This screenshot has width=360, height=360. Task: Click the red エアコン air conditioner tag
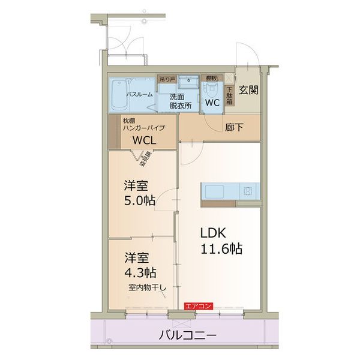[198, 306]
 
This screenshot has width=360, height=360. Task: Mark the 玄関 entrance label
[248, 91]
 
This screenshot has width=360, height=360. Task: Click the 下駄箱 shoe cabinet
[229, 96]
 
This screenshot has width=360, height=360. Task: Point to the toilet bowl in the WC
[212, 89]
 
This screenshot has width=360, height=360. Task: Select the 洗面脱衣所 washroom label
[179, 100]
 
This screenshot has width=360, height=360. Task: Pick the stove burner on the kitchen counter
[248, 192]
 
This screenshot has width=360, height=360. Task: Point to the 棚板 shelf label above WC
[211, 78]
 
